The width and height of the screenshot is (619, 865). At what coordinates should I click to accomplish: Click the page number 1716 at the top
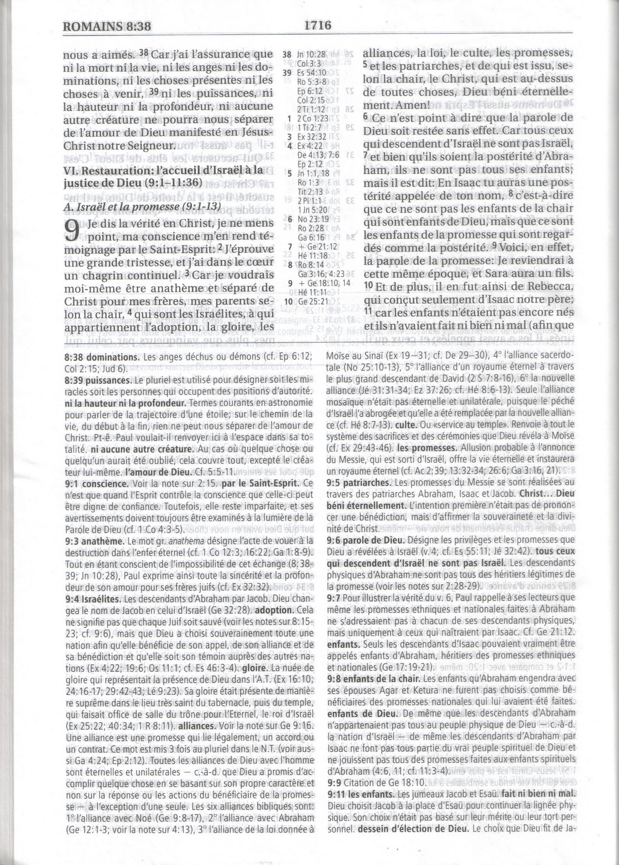(317, 26)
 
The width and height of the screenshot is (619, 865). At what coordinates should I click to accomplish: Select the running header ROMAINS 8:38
(107, 26)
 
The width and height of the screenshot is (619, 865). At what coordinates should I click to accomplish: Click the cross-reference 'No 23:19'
(313, 219)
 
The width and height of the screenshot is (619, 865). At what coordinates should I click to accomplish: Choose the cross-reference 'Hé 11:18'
(311, 256)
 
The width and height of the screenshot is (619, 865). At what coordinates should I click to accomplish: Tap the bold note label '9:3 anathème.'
(95, 541)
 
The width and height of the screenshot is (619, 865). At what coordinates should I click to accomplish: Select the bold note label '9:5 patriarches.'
(359, 482)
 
